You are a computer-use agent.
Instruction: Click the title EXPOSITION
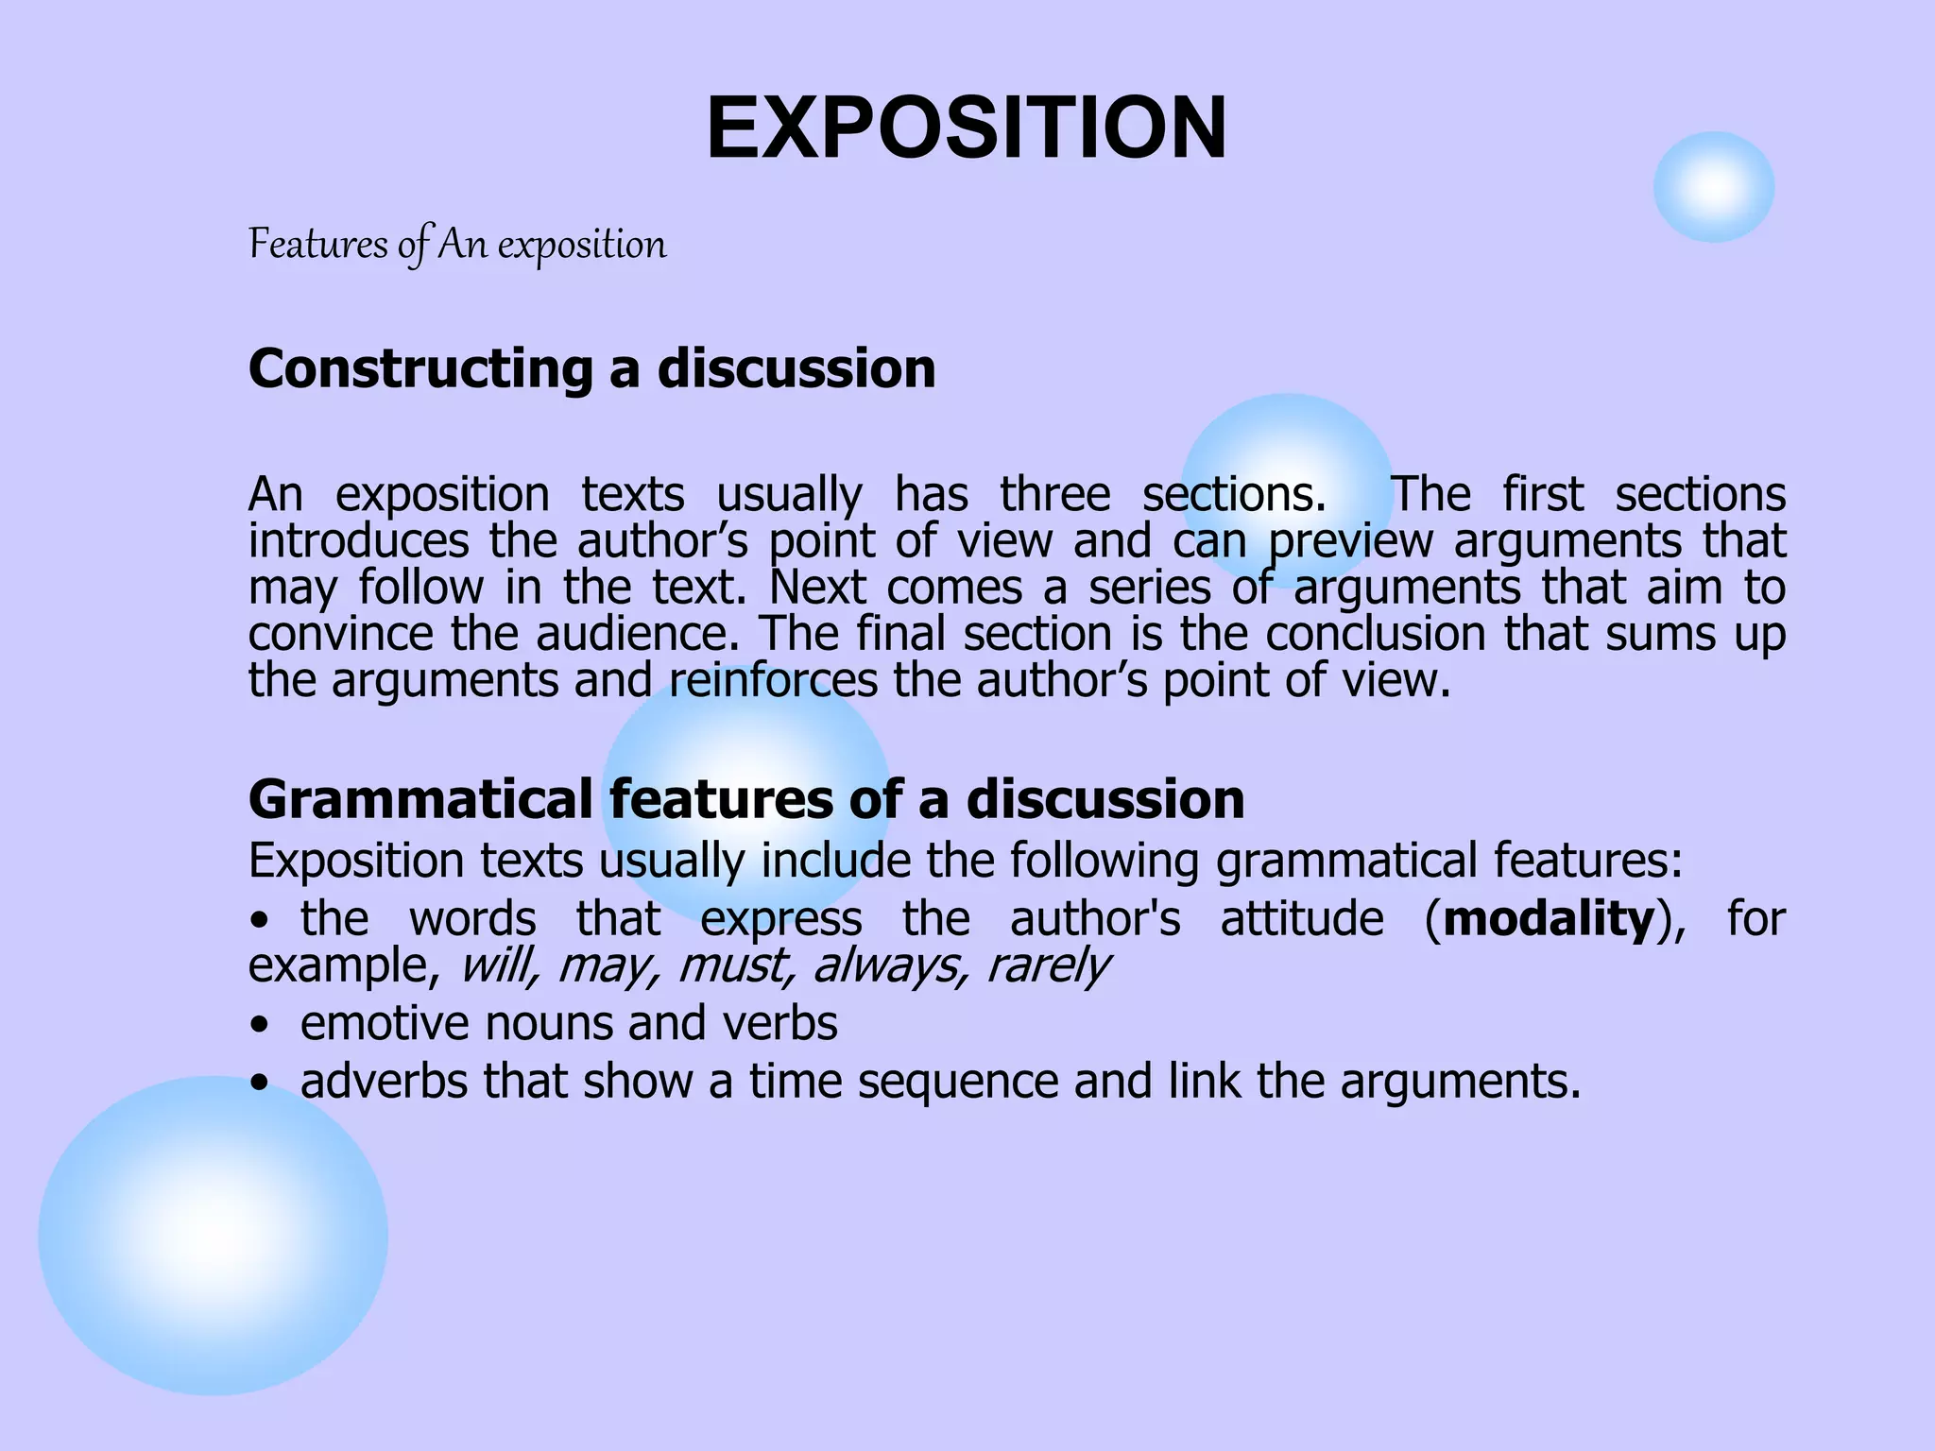pos(967,128)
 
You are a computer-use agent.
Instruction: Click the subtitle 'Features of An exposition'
pos(457,245)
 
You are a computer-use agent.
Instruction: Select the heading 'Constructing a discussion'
pos(591,368)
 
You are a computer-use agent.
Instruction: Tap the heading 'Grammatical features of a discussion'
pos(745,799)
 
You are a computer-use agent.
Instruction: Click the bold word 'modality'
pos(1549,919)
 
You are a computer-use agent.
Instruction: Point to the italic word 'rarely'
pos(1047,965)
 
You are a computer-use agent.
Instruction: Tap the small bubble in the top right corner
pos(1713,187)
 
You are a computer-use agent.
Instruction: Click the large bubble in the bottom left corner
pos(213,1235)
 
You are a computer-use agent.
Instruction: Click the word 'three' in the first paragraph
pos(1055,495)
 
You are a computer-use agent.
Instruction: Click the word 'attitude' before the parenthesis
pos(1302,919)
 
